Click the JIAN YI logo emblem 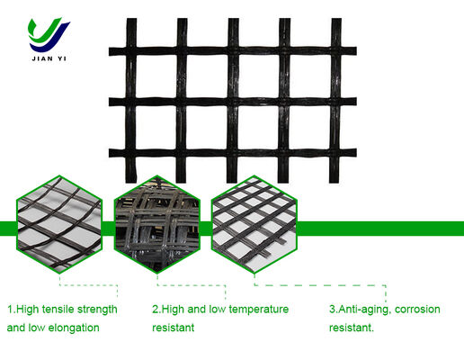pyautogui.click(x=49, y=34)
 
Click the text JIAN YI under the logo pyautogui.click(x=49, y=61)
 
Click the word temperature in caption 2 pyautogui.click(x=254, y=309)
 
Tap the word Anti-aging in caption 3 pyautogui.click(x=363, y=309)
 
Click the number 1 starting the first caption pyautogui.click(x=10, y=309)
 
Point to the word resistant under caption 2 pyautogui.click(x=173, y=328)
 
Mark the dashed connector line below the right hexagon pyautogui.click(x=324, y=286)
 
